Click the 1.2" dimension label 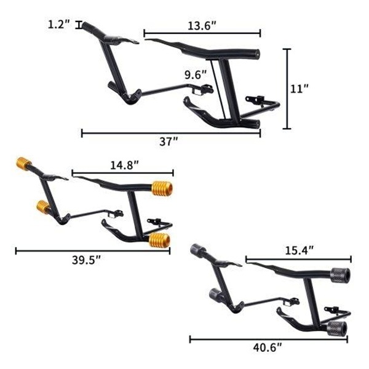coord(59,24)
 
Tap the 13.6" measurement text coord(202,26)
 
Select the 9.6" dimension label coord(196,75)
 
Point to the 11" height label coord(299,89)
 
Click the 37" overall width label coord(169,141)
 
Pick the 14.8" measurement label coord(125,165)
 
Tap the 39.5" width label coord(86,260)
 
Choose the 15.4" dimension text coord(300,251)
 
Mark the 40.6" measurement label coord(268,347)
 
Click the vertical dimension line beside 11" coord(287,89)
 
